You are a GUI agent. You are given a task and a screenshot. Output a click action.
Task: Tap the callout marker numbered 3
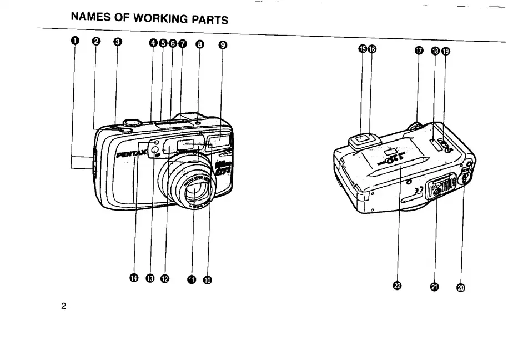[117, 43]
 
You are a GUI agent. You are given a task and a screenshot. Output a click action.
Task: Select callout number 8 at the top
[200, 44]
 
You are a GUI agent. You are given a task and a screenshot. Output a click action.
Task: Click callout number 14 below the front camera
[134, 277]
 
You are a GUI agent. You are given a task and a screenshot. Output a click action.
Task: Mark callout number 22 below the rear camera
[397, 286]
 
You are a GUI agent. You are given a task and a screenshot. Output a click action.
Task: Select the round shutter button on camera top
[131, 122]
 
